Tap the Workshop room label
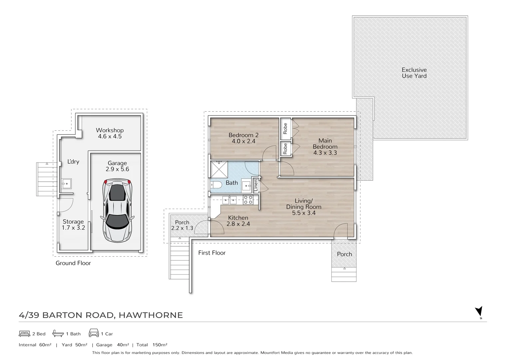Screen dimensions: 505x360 tap(110, 130)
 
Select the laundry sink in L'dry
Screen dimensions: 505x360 tap(67, 184)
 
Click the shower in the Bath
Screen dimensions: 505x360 tap(219, 169)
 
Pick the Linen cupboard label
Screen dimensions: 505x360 tap(255, 185)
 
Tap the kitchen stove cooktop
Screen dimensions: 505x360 tap(248, 200)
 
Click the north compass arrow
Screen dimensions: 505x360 tap(479, 312)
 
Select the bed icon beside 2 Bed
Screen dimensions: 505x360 tap(24, 334)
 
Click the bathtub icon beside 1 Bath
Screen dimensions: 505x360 tap(58, 333)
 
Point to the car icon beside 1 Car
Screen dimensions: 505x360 tap(94, 333)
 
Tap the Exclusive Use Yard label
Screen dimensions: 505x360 tap(414, 73)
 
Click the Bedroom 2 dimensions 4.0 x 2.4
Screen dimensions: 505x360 tap(244, 141)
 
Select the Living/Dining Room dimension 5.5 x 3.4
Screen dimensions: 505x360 tap(304, 213)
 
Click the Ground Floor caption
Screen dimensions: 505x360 tap(73, 263)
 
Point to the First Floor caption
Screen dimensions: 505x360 tap(212, 253)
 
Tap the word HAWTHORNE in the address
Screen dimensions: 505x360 tap(151, 315)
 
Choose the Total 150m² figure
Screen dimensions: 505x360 tap(152, 345)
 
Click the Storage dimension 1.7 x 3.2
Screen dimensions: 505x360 tap(73, 228)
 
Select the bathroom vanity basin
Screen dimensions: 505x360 tap(246, 186)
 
